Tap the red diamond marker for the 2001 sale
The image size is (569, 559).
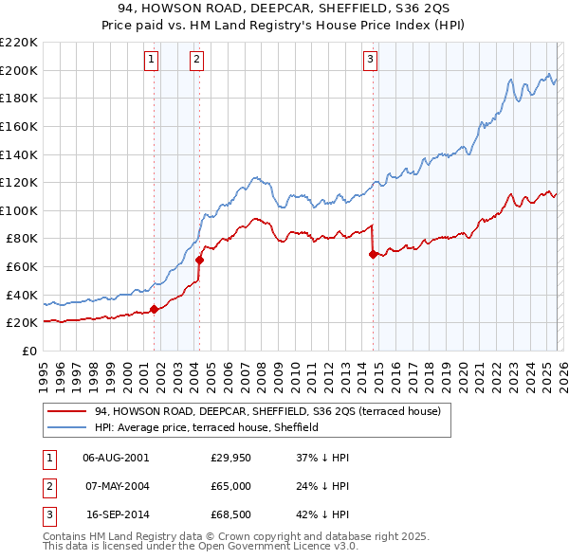154,309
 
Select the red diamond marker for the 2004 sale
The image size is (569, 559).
199,260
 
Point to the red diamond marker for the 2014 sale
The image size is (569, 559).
373,254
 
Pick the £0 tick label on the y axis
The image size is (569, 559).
30,351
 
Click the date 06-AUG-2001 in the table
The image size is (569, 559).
116,457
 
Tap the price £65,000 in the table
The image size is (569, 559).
231,487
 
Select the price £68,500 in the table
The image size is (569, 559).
231,517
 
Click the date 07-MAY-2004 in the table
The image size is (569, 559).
116,487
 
